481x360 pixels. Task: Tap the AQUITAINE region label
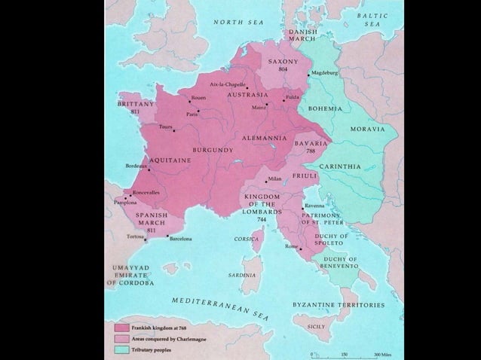170,160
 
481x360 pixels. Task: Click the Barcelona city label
181,239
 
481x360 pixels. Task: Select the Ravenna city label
315,206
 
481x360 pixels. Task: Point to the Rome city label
291,247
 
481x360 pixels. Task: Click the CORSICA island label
247,239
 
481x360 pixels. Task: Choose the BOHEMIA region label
325,109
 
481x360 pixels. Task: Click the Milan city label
274,178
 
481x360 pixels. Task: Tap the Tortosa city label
136,236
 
